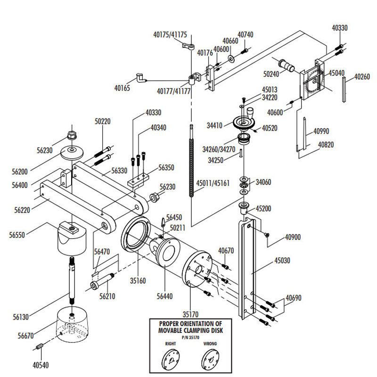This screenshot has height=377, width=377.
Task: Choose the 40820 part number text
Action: click(326, 145)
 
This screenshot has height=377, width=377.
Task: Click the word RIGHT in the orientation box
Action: click(171, 344)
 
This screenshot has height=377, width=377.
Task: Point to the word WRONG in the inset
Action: click(210, 344)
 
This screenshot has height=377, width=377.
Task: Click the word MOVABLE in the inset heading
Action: click(177, 330)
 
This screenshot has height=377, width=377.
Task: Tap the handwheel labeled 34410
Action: click(244, 124)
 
